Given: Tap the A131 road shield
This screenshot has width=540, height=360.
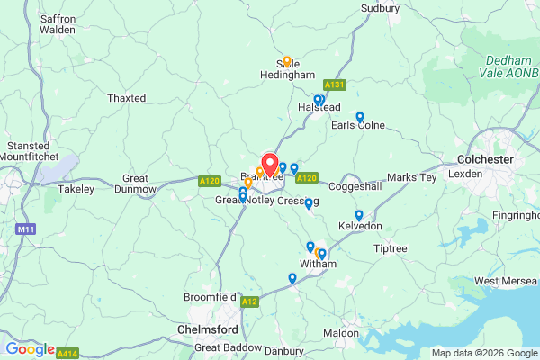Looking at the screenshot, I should pos(334,85).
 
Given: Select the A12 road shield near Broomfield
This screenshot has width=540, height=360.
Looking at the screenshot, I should pos(249,301).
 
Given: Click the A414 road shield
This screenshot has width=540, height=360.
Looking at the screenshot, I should pos(67,354).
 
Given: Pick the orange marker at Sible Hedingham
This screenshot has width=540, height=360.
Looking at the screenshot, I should pos(287,62).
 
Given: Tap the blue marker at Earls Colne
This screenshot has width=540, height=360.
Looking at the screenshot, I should pos(359,116).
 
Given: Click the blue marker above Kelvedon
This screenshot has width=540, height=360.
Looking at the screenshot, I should pos(359,215).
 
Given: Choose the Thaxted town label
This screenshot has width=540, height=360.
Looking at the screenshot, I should pos(126,97).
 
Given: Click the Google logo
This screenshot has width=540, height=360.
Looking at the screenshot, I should pos(30,349).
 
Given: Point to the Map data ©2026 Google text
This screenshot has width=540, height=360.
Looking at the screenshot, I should pos(482,353).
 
